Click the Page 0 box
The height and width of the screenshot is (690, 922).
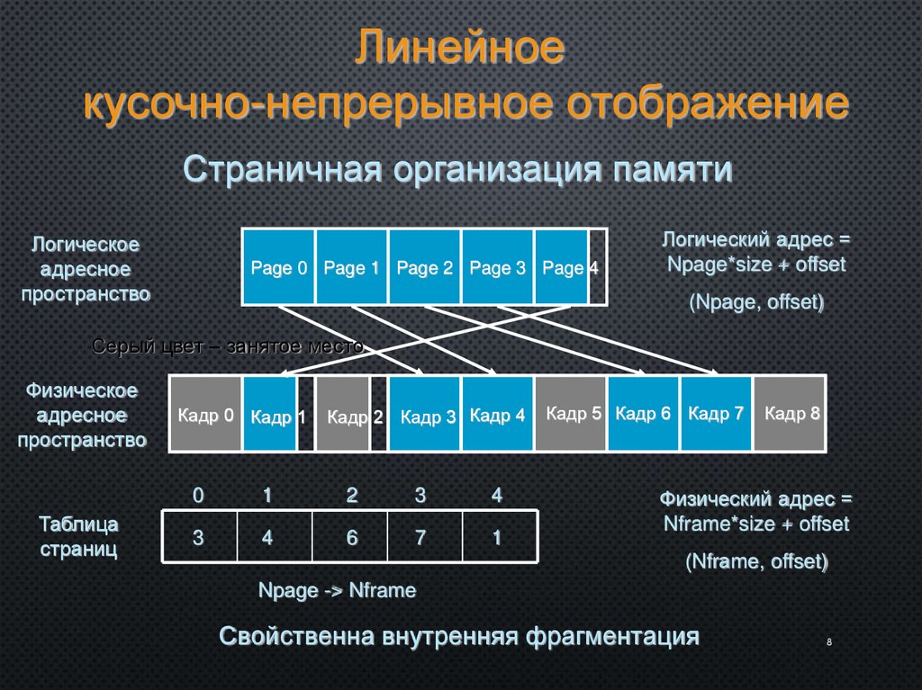[x=278, y=267]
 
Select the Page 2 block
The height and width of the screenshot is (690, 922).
[x=424, y=267]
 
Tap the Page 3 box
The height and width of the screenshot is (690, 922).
[x=497, y=267]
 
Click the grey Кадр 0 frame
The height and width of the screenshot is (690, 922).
[x=205, y=414]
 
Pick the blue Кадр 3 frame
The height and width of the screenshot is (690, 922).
[x=425, y=414]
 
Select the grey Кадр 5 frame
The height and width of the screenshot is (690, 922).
[x=572, y=414]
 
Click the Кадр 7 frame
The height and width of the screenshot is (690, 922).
[x=716, y=414]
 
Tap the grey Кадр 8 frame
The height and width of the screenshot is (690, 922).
[x=790, y=414]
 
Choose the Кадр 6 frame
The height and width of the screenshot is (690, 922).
[x=644, y=414]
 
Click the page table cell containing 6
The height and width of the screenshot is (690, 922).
[x=350, y=537]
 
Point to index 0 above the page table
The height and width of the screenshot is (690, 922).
[x=198, y=495]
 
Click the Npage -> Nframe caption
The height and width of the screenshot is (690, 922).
[x=337, y=590]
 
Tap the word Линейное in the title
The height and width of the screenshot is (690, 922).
[x=458, y=49]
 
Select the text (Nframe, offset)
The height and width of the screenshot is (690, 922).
[x=756, y=561]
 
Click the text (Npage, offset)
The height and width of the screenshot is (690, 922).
[x=756, y=302]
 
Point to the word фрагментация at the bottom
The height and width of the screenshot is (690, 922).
[x=612, y=636]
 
